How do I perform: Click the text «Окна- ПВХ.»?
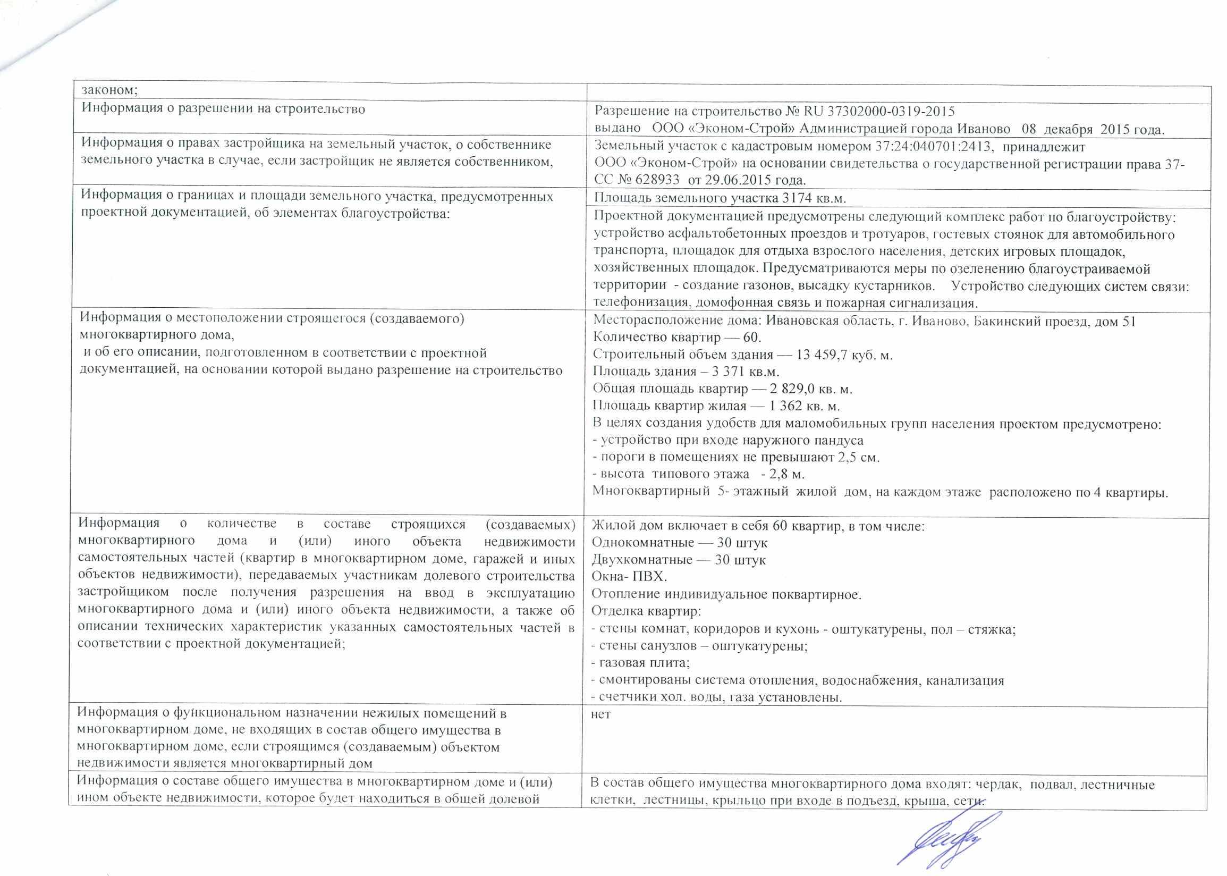pyautogui.click(x=629, y=577)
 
